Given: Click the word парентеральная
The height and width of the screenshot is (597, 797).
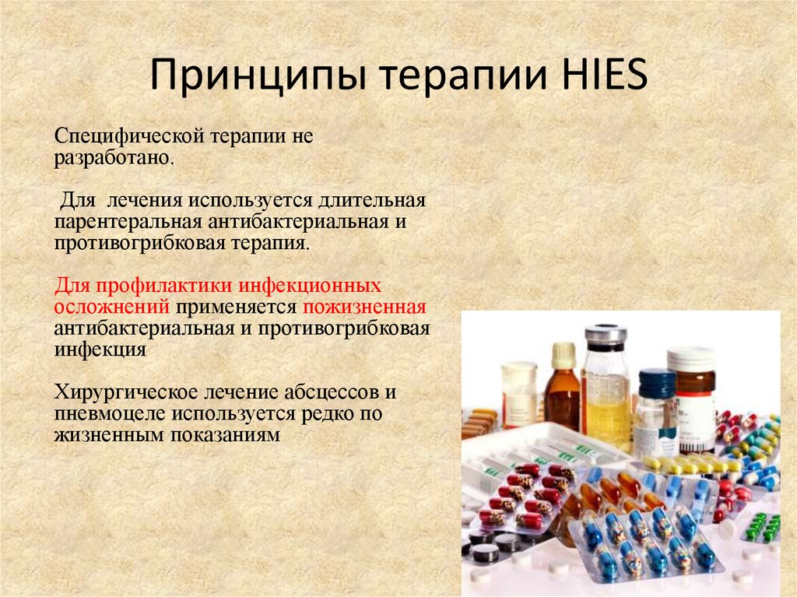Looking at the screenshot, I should (125, 222).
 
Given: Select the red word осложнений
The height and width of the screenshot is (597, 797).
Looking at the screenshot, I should (111, 306).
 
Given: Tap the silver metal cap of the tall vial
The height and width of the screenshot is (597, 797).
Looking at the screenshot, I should (606, 335).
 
